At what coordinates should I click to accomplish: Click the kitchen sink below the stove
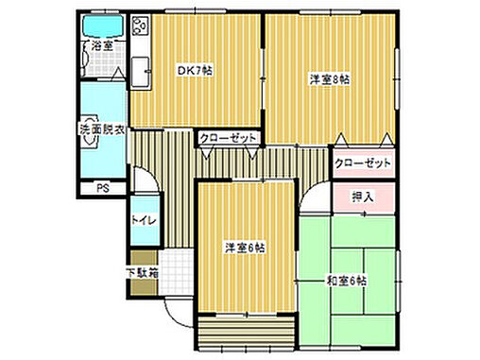pos(140,67)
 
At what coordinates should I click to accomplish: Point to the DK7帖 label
pos(194,69)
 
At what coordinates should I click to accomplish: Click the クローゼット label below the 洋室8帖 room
pos(363,163)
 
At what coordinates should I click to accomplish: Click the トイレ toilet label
pos(143,222)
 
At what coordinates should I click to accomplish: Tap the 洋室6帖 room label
pos(244,249)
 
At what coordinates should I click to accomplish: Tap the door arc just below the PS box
pos(142,180)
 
